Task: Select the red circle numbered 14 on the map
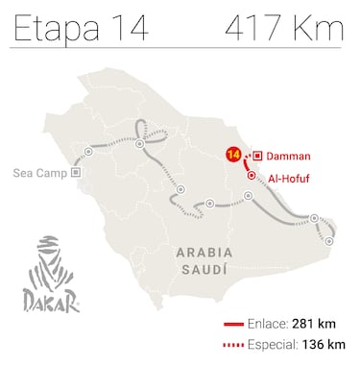pyautogui.click(x=233, y=154)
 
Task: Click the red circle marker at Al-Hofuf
pyautogui.click(x=252, y=176)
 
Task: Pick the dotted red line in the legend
pyautogui.click(x=232, y=344)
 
